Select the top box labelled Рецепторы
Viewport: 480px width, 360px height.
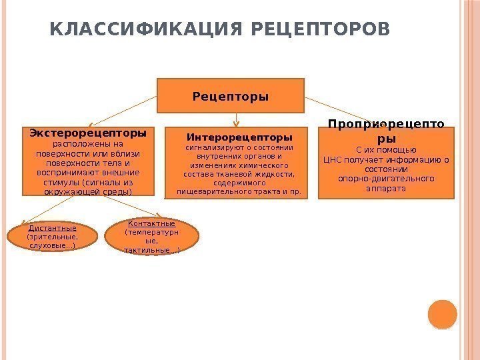click(x=231, y=96)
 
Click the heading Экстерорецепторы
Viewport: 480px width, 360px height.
click(x=88, y=133)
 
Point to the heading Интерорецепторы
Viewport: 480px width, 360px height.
click(x=239, y=138)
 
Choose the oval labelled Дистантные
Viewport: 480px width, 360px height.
click(x=52, y=237)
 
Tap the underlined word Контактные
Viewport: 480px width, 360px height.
click(x=151, y=223)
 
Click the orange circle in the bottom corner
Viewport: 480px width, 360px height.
click(x=442, y=314)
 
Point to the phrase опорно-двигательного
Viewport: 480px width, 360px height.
click(x=386, y=179)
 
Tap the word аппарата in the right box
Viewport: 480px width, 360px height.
click(x=386, y=188)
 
